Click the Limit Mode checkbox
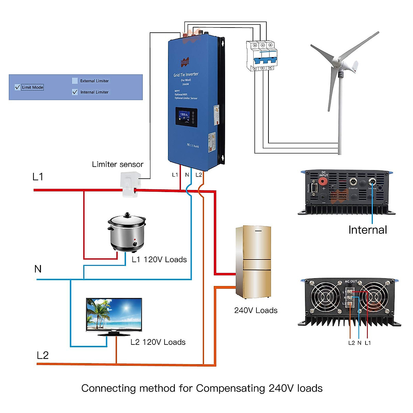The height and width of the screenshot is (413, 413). point(18,87)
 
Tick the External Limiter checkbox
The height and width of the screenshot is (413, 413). point(75,81)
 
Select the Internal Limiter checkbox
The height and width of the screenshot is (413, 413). point(75,92)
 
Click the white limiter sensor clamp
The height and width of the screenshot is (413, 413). point(130,184)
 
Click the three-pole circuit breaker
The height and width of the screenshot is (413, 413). point(262,56)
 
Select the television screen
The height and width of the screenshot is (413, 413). point(114,315)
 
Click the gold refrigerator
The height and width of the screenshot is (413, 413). point(254,262)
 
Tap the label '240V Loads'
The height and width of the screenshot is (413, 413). point(256,310)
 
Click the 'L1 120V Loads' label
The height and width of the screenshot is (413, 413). point(159,260)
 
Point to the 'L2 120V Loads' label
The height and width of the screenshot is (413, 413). point(158,342)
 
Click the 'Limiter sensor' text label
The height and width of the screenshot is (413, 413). point(118,165)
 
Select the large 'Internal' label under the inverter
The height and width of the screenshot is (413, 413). point(368,230)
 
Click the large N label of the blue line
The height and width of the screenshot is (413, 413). point(38,269)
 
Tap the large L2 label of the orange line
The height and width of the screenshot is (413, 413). point(43,355)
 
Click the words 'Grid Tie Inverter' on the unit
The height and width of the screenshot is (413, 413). point(186,74)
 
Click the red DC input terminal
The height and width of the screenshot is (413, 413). point(323,181)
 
